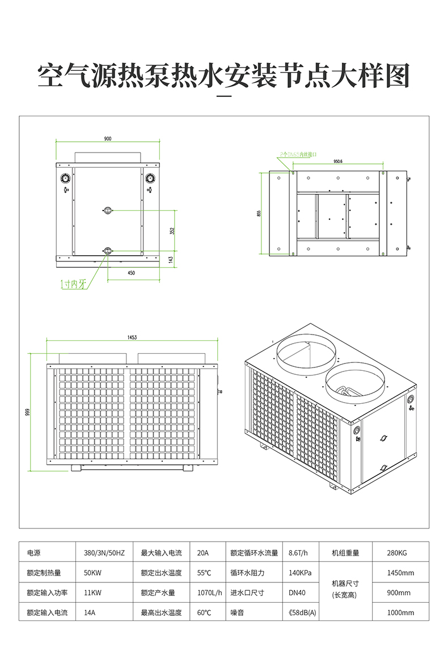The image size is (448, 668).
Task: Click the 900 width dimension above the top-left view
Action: pyautogui.click(x=108, y=138)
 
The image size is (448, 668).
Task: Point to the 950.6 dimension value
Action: pyautogui.click(x=338, y=161)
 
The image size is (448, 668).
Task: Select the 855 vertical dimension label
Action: pyautogui.click(x=259, y=213)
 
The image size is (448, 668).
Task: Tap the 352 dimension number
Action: pyautogui.click(x=172, y=230)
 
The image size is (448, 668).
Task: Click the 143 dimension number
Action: pyautogui.click(x=172, y=259)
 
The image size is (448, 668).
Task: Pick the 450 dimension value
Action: pyautogui.click(x=131, y=273)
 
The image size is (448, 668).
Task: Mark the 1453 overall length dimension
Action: pyautogui.click(x=132, y=337)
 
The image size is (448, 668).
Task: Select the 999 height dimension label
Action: pyautogui.click(x=27, y=412)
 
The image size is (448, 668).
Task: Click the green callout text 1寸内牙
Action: pyautogui.click(x=74, y=285)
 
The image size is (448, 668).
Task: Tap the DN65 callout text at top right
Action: pyautogui.click(x=298, y=154)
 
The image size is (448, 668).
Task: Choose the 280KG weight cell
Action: pyautogui.click(x=397, y=553)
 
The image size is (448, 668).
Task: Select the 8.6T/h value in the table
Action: pyautogui.click(x=298, y=553)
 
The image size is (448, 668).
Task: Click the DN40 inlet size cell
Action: pyautogui.click(x=297, y=593)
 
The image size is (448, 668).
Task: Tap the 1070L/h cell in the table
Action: pyautogui.click(x=209, y=593)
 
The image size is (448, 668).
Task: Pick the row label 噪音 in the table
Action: pyautogui.click(x=237, y=612)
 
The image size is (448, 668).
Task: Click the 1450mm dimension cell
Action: pyautogui.click(x=400, y=573)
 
